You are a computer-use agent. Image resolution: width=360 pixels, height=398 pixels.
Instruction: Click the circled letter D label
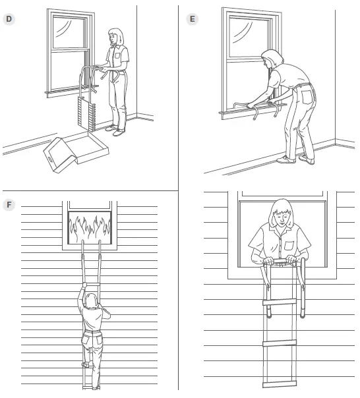[x=9, y=18]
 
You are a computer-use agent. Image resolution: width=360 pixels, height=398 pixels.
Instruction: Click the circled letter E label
[x=192, y=18]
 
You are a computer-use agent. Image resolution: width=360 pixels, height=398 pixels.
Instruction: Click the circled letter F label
[x=9, y=204]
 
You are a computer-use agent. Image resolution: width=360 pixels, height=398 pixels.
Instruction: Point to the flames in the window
[x=90, y=226]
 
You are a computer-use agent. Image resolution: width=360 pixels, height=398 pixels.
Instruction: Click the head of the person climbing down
[x=91, y=300]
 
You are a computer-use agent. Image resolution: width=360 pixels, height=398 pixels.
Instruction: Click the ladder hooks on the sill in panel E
[x=254, y=107]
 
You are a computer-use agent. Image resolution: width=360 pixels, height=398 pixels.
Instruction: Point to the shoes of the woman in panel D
[x=116, y=131]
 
